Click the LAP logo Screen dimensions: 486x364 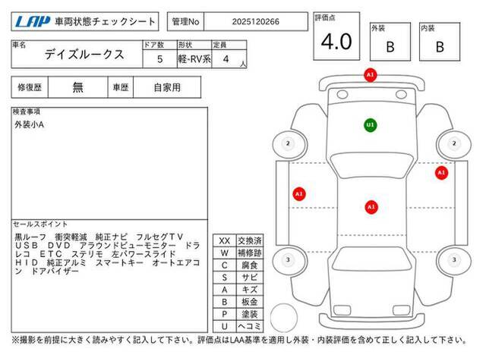(33, 22)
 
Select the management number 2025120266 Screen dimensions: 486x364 (255, 22)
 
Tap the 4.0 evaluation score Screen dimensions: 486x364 (336, 42)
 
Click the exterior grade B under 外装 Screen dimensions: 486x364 (390, 47)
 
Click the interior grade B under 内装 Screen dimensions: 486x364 (440, 47)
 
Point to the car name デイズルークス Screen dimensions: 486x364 (84, 55)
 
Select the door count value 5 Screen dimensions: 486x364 (159, 59)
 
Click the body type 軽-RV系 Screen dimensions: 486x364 (194, 59)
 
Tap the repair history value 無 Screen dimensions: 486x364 (77, 87)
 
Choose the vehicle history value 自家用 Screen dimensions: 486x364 (167, 88)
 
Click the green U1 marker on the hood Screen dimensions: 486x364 (370, 125)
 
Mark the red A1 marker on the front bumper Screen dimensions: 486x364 (370, 75)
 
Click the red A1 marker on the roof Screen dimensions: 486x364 (371, 207)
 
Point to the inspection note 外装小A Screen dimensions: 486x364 (29, 124)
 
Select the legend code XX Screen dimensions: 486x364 (225, 241)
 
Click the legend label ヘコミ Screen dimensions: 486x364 (250, 326)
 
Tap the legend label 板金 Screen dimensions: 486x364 (250, 302)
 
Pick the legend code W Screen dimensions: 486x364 (225, 253)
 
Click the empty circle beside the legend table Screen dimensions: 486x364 (283, 318)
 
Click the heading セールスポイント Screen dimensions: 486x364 (40, 224)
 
